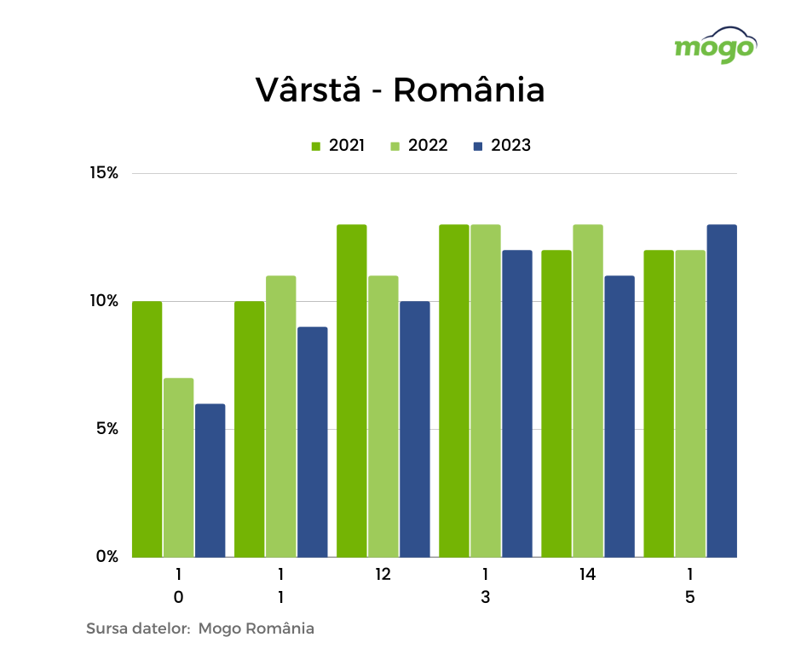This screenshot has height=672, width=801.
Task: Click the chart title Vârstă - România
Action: pyautogui.click(x=400, y=90)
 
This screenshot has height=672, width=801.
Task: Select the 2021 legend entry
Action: pyautogui.click(x=337, y=146)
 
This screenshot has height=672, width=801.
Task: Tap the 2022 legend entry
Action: pyautogui.click(x=418, y=146)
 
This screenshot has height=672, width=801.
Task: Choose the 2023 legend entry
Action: pyautogui.click(x=502, y=146)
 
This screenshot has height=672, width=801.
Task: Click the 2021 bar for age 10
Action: pyautogui.click(x=147, y=429)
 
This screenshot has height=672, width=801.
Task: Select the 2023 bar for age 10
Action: pyautogui.click(x=210, y=480)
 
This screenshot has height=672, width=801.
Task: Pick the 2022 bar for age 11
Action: pyautogui.click(x=280, y=416)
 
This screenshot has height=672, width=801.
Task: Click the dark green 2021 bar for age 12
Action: pyautogui.click(x=351, y=391)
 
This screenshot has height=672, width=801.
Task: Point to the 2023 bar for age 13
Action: pyautogui.click(x=516, y=403)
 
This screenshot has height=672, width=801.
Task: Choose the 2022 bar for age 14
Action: pyautogui.click(x=587, y=391)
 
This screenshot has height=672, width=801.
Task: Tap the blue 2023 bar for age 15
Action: pyautogui.click(x=721, y=391)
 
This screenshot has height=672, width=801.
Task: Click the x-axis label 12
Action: pyautogui.click(x=383, y=575)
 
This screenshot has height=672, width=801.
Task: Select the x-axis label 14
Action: pyautogui.click(x=587, y=575)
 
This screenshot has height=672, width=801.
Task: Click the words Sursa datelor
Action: pyautogui.click(x=137, y=629)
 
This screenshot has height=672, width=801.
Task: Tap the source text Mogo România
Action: pyautogui.click(x=256, y=629)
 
